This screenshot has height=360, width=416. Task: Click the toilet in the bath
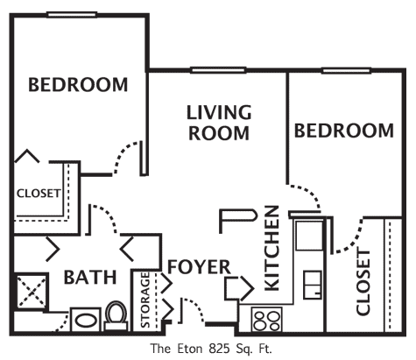pyautogui.click(x=116, y=316)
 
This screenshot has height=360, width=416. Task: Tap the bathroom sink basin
pyautogui.click(x=86, y=321)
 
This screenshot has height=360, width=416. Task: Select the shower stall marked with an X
pyautogui.click(x=32, y=291)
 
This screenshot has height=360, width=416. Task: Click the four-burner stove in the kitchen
pyautogui.click(x=266, y=319)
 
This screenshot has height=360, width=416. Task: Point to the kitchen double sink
pyautogui.click(x=313, y=285)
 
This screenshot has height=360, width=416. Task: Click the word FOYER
pyautogui.click(x=200, y=266)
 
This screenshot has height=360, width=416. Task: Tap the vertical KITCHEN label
pyautogui.click(x=272, y=249)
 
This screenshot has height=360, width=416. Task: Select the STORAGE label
pyautogui.click(x=145, y=300)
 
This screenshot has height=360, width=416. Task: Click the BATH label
pyautogui.click(x=90, y=277)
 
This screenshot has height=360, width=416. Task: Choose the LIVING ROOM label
pyautogui.click(x=219, y=123)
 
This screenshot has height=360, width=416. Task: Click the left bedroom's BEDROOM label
pyautogui.click(x=78, y=85)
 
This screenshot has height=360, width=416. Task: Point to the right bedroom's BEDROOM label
pyautogui.click(x=344, y=131)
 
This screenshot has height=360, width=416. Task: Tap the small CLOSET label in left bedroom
pyautogui.click(x=39, y=194)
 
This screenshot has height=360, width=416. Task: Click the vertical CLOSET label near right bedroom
pyautogui.click(x=363, y=282)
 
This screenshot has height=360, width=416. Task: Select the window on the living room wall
pyautogui.click(x=218, y=70)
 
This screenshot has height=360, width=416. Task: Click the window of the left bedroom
pyautogui.click(x=72, y=14)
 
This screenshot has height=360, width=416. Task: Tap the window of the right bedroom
pyautogui.click(x=346, y=71)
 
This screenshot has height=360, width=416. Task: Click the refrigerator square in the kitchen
pyautogui.click(x=309, y=236)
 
